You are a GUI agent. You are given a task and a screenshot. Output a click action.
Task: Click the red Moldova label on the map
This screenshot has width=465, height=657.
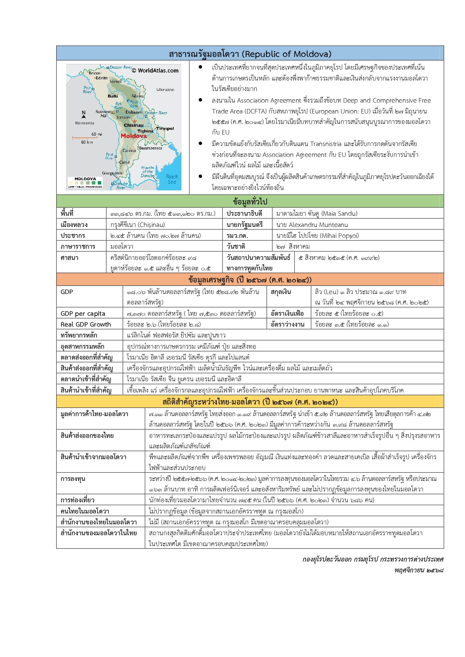click(x=134, y=136)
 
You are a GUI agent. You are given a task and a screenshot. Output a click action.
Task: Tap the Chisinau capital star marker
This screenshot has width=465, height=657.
click(x=134, y=121)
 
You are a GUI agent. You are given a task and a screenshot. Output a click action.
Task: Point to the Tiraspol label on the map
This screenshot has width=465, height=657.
click(x=165, y=128)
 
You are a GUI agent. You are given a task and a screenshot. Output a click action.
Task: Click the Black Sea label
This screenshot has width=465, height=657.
click(x=172, y=179)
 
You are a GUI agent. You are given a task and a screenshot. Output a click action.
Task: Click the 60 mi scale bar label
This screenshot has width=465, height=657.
click(x=97, y=134)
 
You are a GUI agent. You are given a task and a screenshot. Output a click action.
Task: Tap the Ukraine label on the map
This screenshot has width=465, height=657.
click(x=165, y=90)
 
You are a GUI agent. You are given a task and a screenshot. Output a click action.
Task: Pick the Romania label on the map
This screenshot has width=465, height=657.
click(x=85, y=123)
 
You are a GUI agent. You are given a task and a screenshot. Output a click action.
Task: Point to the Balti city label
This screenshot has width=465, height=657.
click(x=113, y=96)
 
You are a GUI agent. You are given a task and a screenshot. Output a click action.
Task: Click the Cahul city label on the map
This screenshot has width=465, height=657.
click(x=124, y=162)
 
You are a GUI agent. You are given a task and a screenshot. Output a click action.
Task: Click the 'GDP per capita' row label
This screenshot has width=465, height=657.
click(x=83, y=314)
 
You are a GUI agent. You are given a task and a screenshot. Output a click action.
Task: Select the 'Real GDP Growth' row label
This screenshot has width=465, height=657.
click(x=86, y=324)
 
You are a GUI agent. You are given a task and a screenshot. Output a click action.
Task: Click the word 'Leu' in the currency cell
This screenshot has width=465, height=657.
click(x=331, y=292)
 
